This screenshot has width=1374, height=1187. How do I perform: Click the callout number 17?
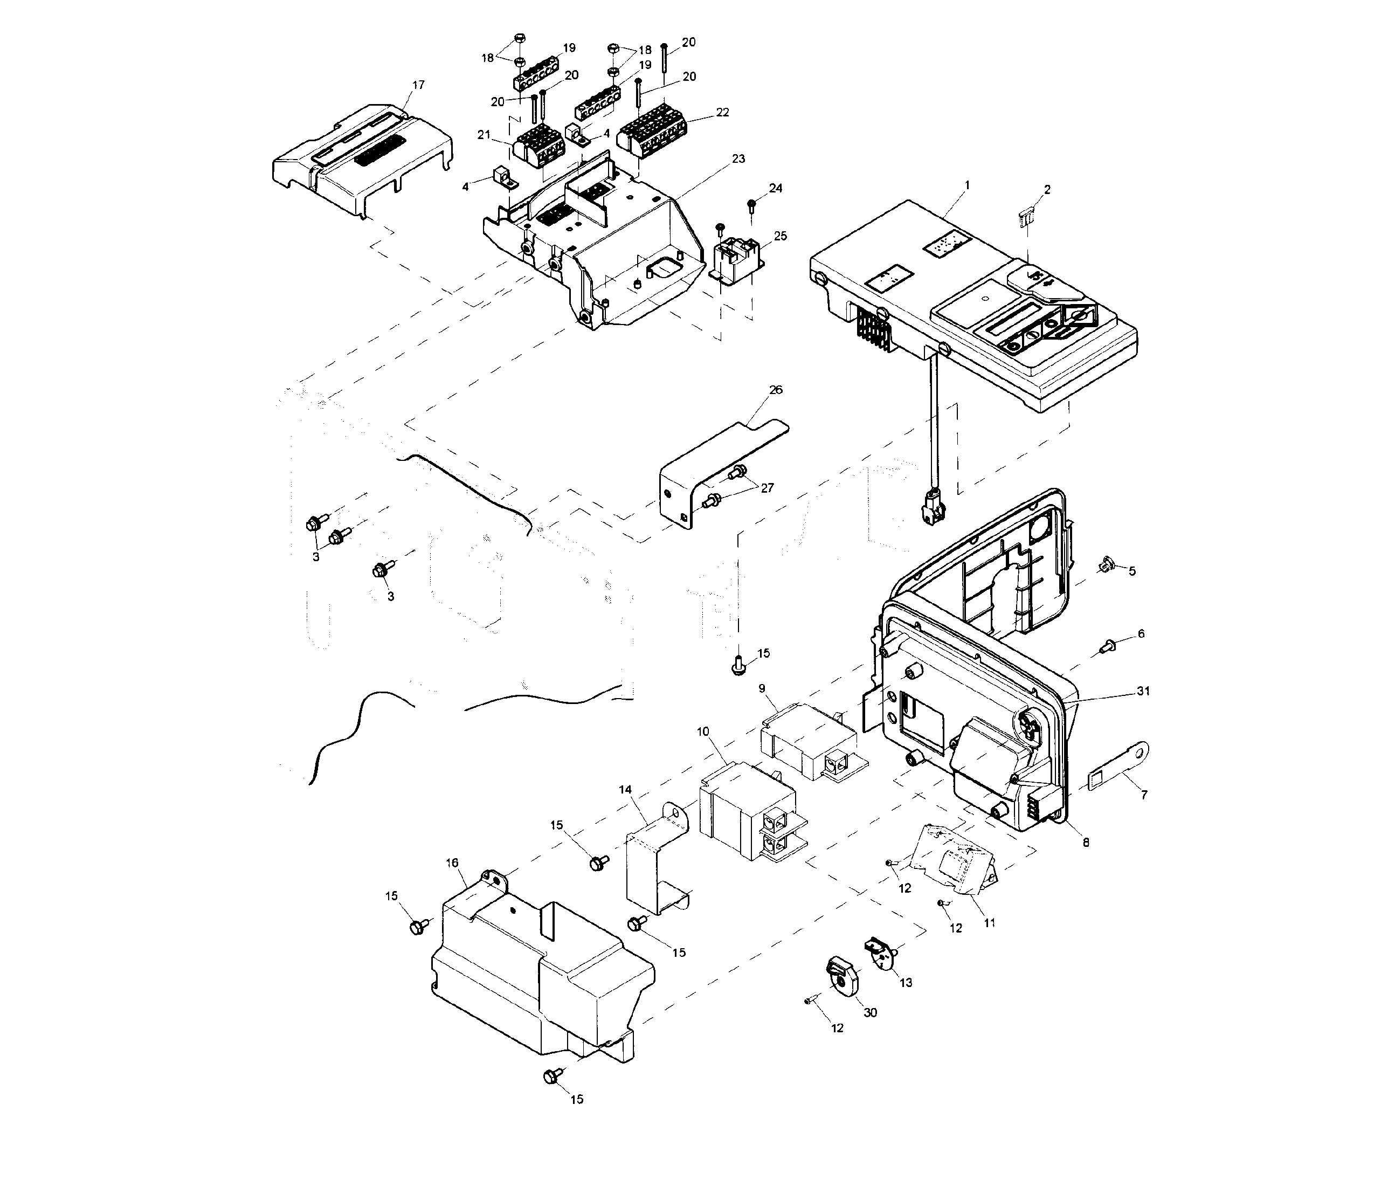coord(418,85)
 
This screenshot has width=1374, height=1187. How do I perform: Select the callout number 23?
coord(738,158)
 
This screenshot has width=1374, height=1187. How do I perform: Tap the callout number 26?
coord(775,389)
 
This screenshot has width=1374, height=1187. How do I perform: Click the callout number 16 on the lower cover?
coord(452,862)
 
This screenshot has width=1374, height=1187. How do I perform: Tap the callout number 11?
coord(989,922)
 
